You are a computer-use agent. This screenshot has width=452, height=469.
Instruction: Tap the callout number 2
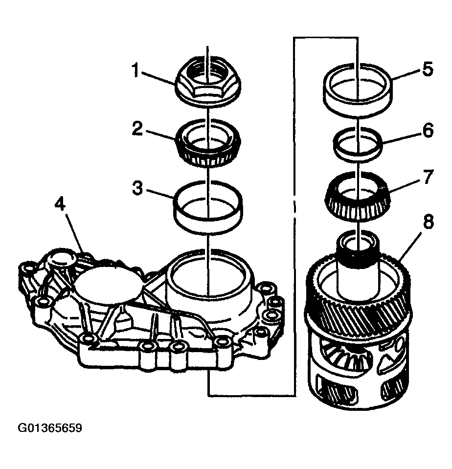[x=137, y=129]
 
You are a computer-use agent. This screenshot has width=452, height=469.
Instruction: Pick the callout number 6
[x=427, y=131]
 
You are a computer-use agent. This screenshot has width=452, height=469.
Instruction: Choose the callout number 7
[x=427, y=177]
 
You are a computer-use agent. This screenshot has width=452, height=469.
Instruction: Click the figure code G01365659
[x=50, y=428]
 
